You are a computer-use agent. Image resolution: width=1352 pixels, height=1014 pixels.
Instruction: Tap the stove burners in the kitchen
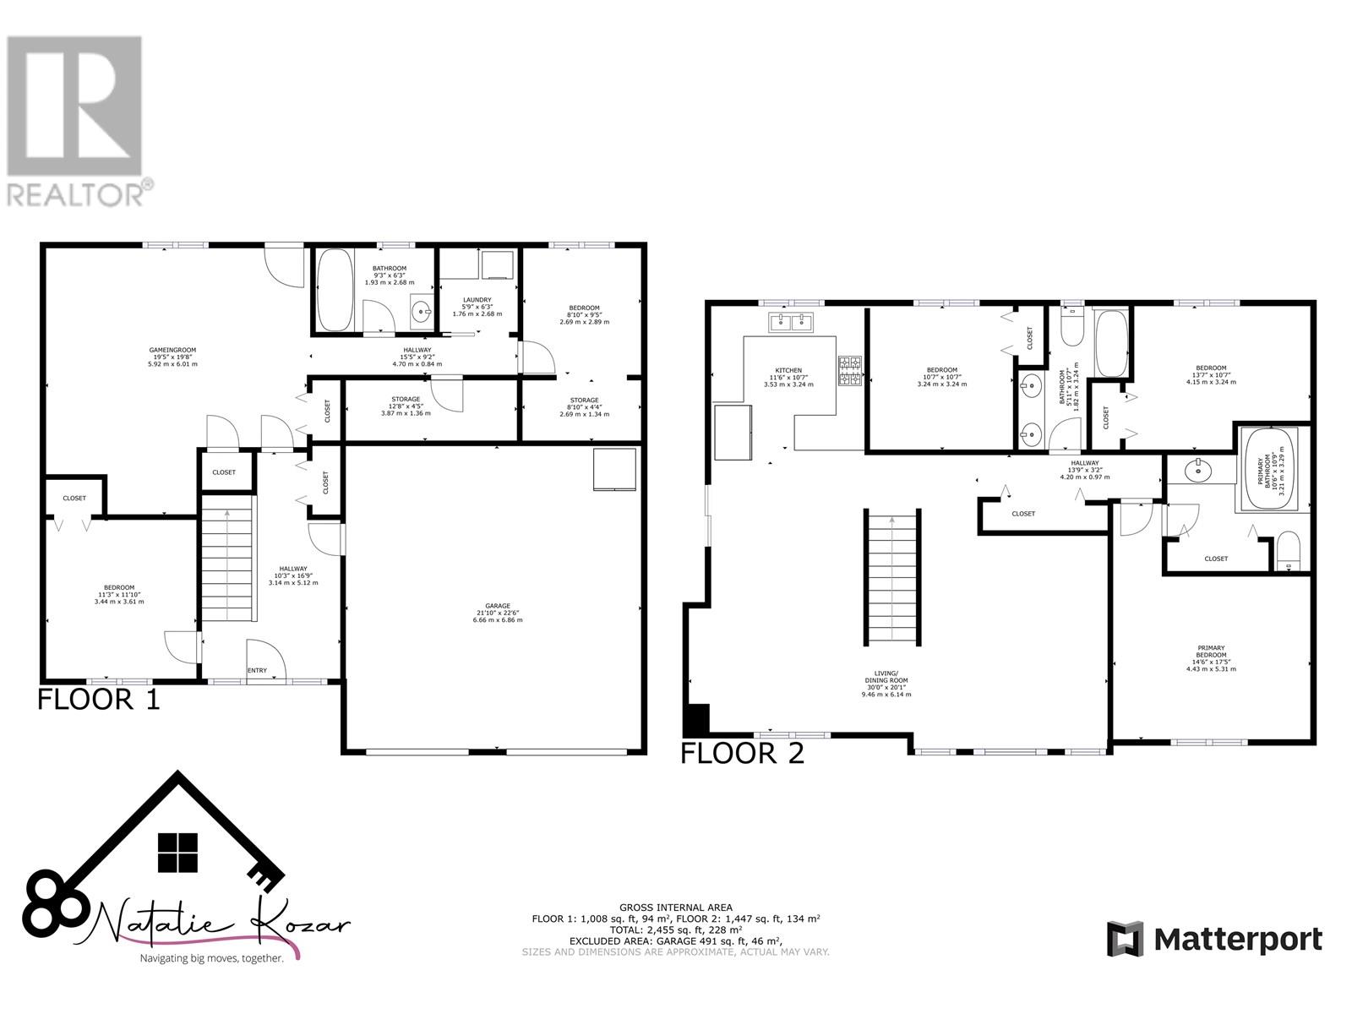point(849,372)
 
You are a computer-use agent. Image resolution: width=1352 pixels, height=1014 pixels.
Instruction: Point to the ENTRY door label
point(257,671)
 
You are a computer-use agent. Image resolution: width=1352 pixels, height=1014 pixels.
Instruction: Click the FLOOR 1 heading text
point(99,700)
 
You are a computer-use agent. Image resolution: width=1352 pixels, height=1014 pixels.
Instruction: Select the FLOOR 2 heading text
point(742,753)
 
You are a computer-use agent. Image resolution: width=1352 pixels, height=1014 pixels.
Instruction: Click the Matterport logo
point(1214,939)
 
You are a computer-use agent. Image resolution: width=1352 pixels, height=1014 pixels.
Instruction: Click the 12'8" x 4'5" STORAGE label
point(406,406)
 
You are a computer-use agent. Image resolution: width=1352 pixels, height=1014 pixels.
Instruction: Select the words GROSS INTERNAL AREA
point(675,908)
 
